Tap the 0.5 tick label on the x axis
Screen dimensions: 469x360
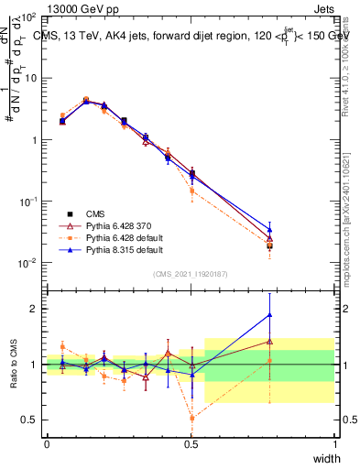click(x=191, y=444)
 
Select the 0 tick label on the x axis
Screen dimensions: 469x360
click(x=47, y=444)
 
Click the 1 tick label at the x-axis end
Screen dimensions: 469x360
click(x=335, y=444)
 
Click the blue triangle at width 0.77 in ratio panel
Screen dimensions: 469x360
click(x=269, y=315)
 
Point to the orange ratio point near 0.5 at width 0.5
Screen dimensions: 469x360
click(x=191, y=418)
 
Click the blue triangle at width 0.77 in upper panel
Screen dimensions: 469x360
click(x=269, y=230)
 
